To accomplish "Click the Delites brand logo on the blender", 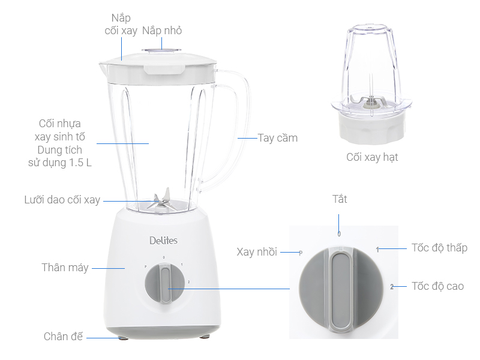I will point(163,241).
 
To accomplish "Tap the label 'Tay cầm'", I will point(278,138).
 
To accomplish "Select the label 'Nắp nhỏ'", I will point(162,31).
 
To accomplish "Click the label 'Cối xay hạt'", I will point(372,157).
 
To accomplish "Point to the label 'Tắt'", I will point(340,199).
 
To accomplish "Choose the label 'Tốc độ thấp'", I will point(439,248).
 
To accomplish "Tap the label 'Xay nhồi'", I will point(257,253).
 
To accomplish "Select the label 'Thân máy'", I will point(65,268).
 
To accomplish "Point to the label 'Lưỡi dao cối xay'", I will point(62,200).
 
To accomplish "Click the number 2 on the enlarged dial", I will point(391,287).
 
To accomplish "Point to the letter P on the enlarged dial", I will point(300,253).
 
